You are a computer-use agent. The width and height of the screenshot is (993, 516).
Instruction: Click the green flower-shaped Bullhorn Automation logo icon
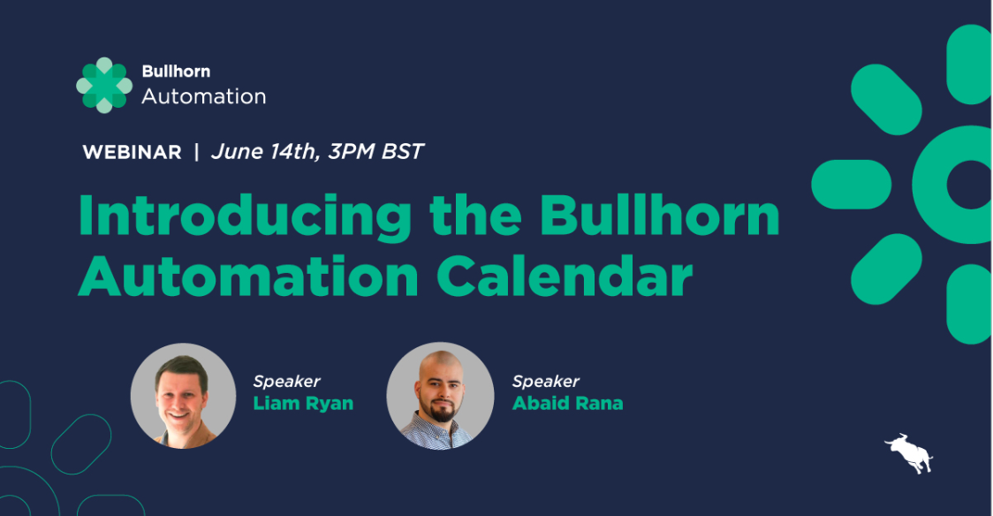click(x=104, y=86)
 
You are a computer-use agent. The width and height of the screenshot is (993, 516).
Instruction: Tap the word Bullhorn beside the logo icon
click(x=176, y=71)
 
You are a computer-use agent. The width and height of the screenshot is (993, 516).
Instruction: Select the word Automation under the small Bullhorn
click(x=204, y=96)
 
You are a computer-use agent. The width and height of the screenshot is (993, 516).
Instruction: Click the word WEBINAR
click(x=133, y=152)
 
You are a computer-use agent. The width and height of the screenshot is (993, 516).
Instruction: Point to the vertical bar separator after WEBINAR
click(x=196, y=152)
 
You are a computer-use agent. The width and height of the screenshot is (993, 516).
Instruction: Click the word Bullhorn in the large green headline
click(x=659, y=216)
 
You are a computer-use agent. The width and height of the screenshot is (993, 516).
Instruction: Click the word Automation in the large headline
click(x=248, y=276)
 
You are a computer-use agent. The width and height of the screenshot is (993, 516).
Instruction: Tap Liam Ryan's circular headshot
click(x=183, y=396)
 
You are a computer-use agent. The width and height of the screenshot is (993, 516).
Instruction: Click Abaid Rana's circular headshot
click(x=440, y=396)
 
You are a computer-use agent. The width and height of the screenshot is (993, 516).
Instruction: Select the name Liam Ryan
click(x=303, y=403)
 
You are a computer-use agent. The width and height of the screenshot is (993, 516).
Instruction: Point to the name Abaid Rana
click(x=567, y=403)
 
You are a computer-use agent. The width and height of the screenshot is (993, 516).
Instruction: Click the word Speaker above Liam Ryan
click(x=287, y=381)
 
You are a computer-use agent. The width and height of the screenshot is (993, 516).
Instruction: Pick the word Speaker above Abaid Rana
click(x=545, y=381)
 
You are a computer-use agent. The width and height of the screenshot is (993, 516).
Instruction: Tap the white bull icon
click(x=909, y=453)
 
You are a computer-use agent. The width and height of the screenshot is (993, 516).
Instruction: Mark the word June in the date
click(x=237, y=151)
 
